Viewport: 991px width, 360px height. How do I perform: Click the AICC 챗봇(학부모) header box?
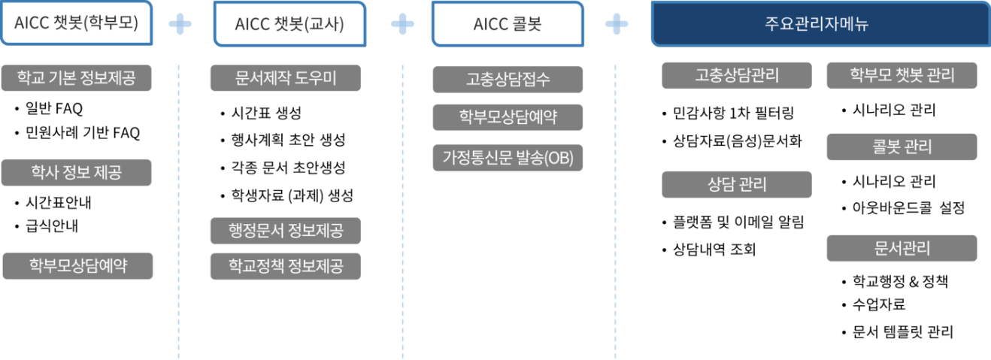76,23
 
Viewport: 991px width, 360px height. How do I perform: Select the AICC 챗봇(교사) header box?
289,23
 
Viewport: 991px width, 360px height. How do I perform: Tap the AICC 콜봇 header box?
508,23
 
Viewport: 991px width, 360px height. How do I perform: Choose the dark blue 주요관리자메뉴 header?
820,23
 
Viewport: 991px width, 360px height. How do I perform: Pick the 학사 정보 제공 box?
77,173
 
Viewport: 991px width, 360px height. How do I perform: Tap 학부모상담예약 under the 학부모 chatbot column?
77,266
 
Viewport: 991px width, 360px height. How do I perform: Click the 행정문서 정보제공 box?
286,230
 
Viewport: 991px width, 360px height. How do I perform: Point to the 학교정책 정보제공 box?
286,266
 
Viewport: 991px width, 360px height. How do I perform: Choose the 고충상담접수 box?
508,80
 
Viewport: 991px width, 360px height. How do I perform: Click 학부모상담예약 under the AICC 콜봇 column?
508,117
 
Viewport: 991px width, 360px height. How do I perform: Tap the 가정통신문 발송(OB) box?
508,158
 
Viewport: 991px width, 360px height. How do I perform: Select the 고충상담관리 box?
737,75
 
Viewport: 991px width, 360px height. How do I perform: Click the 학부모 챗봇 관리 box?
902,75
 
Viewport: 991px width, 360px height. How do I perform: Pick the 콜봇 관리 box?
902,147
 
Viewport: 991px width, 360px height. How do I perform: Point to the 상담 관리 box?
737,184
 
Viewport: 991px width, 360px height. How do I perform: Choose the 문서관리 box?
902,248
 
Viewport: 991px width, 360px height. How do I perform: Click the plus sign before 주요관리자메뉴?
617,25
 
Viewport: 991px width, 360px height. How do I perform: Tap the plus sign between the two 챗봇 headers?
180,25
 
